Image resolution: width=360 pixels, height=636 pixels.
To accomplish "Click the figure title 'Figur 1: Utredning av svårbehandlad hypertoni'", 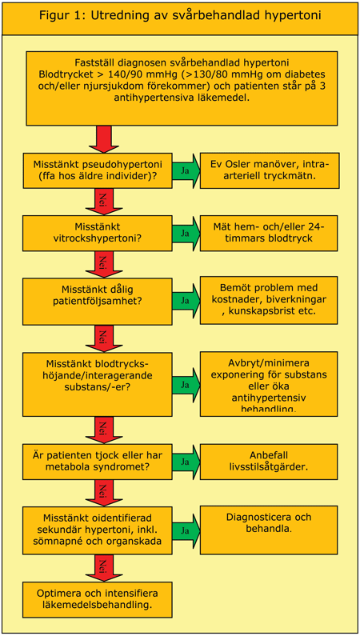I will click(x=180, y=18).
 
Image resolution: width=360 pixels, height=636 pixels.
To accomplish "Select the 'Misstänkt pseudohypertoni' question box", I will click(x=97, y=170).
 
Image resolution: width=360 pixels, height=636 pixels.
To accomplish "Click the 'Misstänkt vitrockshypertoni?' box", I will click(x=97, y=233).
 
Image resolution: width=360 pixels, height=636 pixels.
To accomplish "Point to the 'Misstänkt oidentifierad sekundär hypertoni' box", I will click(x=97, y=529).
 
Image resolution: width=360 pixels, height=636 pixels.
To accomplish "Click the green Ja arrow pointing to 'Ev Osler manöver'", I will click(x=186, y=170).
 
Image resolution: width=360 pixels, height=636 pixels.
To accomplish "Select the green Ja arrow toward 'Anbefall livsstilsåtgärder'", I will click(x=186, y=462).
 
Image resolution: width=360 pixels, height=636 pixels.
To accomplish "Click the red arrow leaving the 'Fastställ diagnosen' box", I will click(x=103, y=137).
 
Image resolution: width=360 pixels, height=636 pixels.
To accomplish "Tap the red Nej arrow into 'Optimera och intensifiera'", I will click(x=103, y=567).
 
